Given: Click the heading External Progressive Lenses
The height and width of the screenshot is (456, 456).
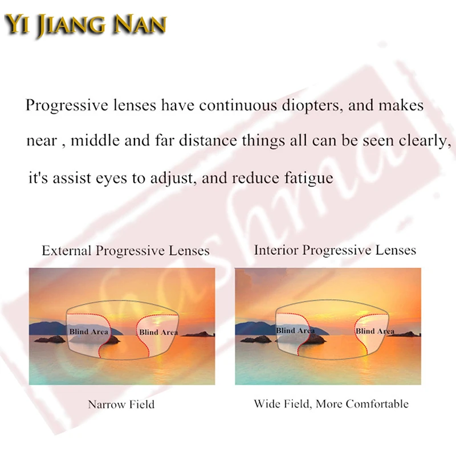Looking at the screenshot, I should (x=125, y=251).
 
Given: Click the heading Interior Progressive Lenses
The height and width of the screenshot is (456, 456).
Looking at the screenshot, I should (x=335, y=250).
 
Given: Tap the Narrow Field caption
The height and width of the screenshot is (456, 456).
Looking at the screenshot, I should (x=121, y=405).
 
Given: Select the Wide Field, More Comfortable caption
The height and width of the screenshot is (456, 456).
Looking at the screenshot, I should (x=331, y=404).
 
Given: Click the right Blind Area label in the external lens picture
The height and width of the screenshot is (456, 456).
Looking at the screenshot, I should (x=158, y=332).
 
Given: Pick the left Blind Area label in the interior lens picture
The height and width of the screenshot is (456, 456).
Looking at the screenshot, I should (x=295, y=331).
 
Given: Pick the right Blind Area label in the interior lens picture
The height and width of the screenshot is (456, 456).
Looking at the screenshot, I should (x=374, y=331).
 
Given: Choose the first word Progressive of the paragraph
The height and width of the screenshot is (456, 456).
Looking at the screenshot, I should (x=62, y=106).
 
